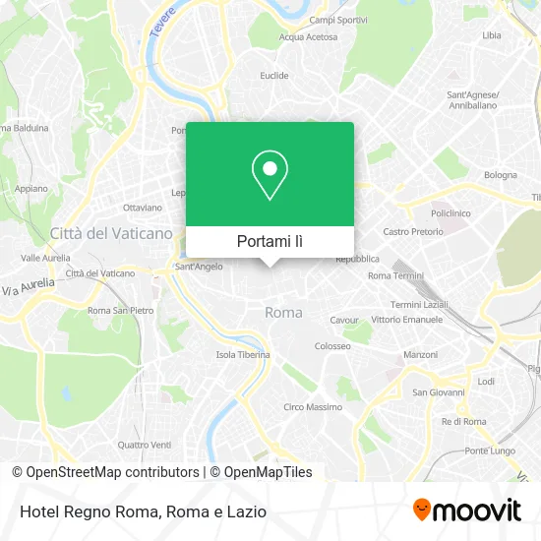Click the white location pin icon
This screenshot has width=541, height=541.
(x=270, y=176)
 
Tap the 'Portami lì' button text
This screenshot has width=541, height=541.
(x=270, y=241)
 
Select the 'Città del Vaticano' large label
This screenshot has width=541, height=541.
(x=111, y=233)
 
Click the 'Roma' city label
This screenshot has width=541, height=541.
(x=283, y=312)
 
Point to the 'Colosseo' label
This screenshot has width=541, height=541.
(x=332, y=346)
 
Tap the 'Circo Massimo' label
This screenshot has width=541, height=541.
(x=313, y=406)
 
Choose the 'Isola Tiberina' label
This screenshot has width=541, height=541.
(x=243, y=355)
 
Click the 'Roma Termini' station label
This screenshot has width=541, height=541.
(x=394, y=276)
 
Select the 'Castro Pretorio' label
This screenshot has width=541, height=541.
(x=411, y=231)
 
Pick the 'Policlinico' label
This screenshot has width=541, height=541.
(x=451, y=212)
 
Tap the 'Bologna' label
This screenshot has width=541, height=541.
(x=500, y=175)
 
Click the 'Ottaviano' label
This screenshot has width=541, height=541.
(x=143, y=208)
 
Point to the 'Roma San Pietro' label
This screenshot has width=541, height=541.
(x=121, y=311)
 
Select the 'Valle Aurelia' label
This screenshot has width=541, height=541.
(x=45, y=257)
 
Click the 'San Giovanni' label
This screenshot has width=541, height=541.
(x=437, y=391)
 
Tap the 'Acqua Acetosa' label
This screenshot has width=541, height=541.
(x=308, y=37)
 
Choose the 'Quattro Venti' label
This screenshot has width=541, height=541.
(x=145, y=444)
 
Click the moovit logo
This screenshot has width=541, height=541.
(x=466, y=510)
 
